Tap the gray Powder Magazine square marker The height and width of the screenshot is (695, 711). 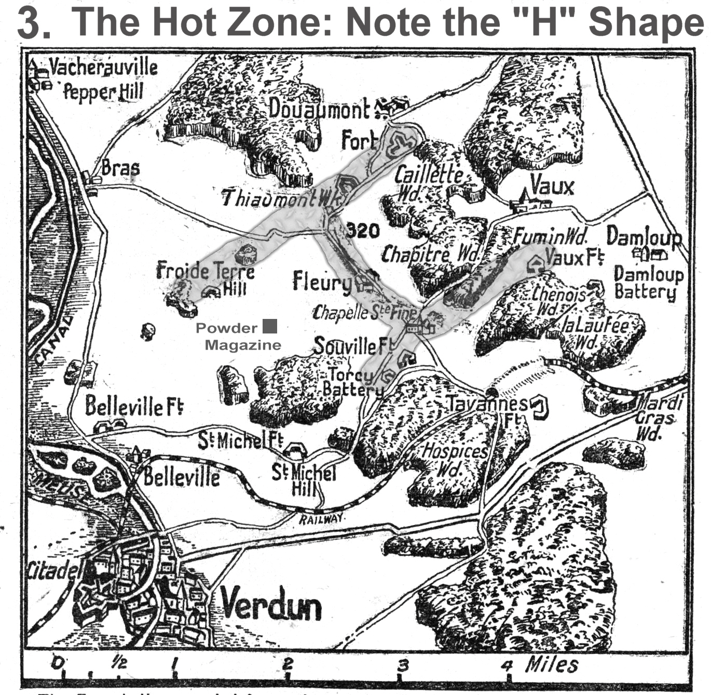[270, 326]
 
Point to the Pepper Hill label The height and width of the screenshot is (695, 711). [103, 92]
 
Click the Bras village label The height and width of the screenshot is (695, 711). [120, 168]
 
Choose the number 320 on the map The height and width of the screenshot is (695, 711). [362, 230]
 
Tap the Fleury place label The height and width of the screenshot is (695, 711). [322, 282]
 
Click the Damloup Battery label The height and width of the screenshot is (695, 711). [648, 283]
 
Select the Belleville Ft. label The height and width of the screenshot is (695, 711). [134, 406]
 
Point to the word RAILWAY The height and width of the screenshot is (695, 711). [321, 518]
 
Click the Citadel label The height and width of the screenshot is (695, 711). [54, 570]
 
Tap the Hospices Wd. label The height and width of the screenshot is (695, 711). [455, 460]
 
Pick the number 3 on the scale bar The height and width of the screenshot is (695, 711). [403, 664]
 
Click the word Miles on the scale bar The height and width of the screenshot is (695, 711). [552, 664]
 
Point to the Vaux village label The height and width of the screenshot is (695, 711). [552, 186]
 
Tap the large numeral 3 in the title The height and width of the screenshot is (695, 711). [34, 23]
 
